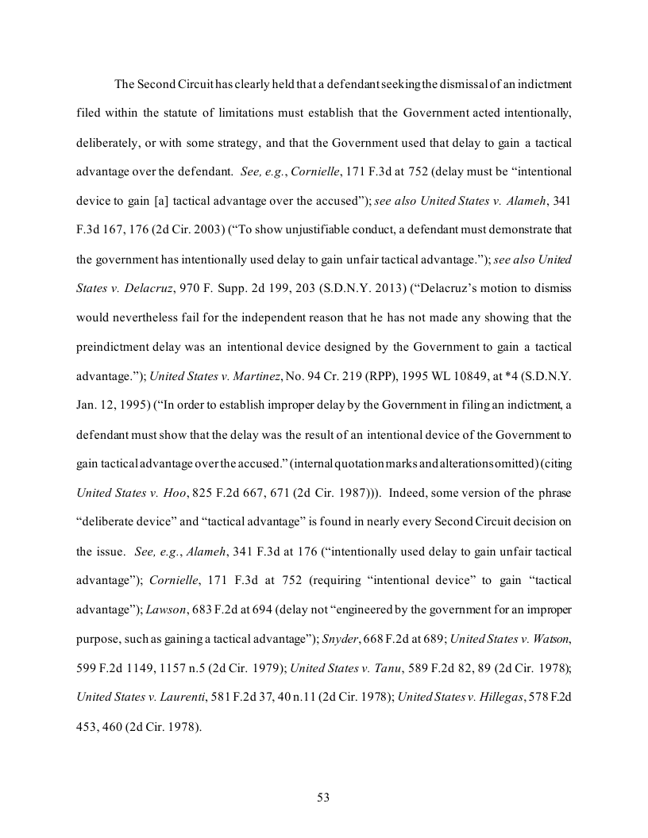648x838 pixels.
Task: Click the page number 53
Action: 323,798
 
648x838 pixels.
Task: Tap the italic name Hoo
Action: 172,492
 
